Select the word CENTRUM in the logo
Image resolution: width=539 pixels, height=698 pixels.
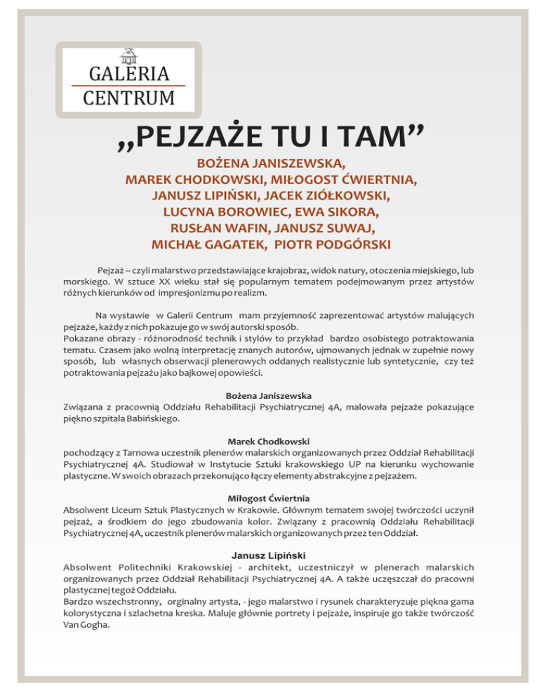pos(128,97)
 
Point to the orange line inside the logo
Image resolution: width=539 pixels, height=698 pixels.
pos(128,85)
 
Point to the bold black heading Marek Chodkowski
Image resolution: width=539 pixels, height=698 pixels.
pos(269,442)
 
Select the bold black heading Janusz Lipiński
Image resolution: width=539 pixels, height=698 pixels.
pos(269,555)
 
